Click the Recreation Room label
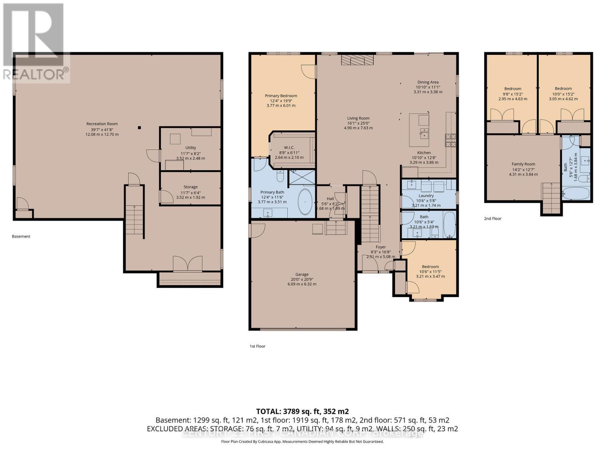coord(102,124)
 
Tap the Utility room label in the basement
coord(191,148)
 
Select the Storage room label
coord(191,187)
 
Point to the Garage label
coord(302,274)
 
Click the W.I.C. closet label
coord(289,148)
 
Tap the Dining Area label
coord(428,82)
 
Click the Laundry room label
coord(426,196)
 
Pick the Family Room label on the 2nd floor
coord(523,164)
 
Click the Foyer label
coord(380,247)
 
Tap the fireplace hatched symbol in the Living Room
coord(357,60)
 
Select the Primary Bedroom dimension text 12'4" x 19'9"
coord(281,101)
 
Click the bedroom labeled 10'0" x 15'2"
coord(563,89)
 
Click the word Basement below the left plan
coord(21,236)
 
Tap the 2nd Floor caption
coord(492,218)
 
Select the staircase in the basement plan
coord(134,219)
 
